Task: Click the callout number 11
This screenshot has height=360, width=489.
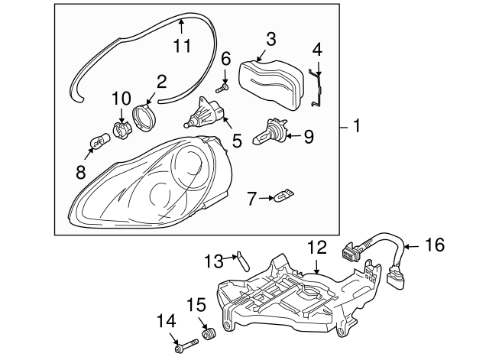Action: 181,46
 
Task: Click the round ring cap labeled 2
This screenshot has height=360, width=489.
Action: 143,118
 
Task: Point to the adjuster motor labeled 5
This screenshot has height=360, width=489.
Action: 206,115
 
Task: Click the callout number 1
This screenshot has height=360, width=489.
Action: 356,126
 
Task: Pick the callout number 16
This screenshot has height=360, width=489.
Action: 434,245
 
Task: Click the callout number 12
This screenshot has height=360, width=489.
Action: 316,247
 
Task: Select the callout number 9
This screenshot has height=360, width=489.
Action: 308,137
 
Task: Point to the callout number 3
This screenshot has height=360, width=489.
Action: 271,38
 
